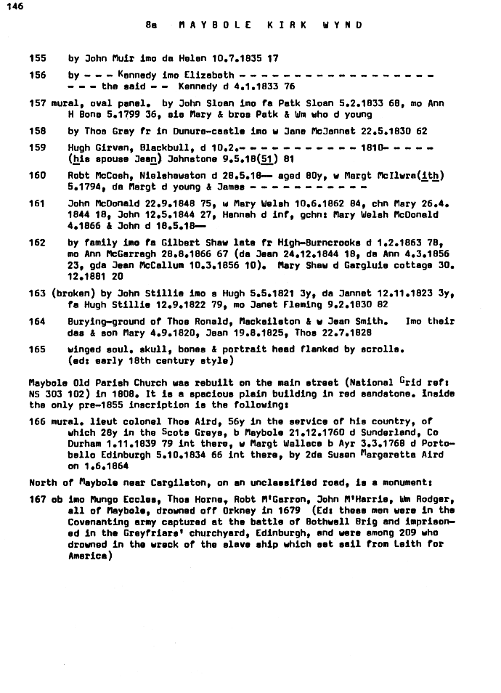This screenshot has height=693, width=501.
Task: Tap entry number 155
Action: tap(37, 58)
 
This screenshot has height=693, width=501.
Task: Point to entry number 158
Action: tap(37, 131)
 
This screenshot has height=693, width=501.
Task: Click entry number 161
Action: tap(37, 203)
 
